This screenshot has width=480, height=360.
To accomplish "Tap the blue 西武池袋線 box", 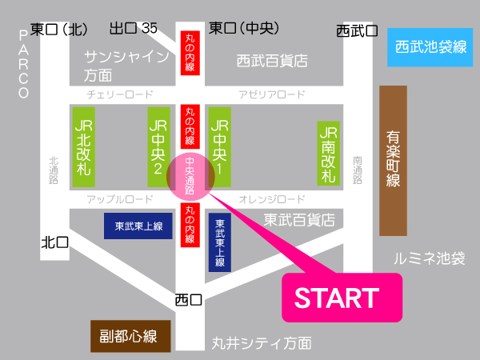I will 430,46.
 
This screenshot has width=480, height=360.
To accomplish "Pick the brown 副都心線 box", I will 129,336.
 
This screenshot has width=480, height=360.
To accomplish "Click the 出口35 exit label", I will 133,29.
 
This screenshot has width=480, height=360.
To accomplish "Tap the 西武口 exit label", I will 356,31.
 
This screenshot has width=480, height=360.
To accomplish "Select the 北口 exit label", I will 55,241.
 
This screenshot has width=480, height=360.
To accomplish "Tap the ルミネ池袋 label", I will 429,258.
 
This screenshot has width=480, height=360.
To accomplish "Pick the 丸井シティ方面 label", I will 261,344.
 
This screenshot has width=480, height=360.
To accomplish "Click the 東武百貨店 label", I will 299,218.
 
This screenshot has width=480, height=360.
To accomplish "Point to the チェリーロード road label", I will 121,94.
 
